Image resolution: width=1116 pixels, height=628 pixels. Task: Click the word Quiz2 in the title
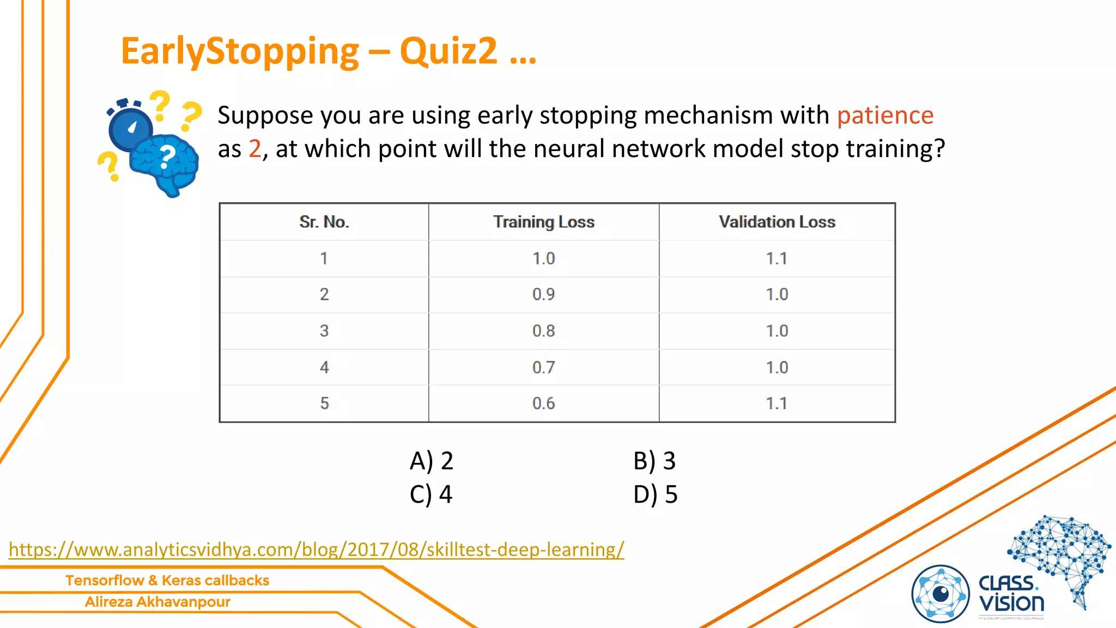pyautogui.click(x=448, y=51)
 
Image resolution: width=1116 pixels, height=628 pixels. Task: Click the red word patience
pyautogui.click(x=885, y=116)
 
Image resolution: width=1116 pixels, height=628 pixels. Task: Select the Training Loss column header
pyautogui.click(x=543, y=222)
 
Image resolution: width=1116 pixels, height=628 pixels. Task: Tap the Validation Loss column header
pyautogui.click(x=777, y=222)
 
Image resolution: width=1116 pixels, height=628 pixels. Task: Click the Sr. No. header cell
pyautogui.click(x=324, y=222)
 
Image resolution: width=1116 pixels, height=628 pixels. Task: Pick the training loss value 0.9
pyautogui.click(x=543, y=294)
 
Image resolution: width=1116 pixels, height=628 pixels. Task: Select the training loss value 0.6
pyautogui.click(x=543, y=403)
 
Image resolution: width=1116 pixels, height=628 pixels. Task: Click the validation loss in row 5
pyautogui.click(x=777, y=403)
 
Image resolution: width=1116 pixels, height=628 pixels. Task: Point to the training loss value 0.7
pyautogui.click(x=543, y=367)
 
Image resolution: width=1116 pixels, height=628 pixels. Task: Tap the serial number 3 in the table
pyautogui.click(x=324, y=331)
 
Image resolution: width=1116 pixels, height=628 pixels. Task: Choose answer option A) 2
pyautogui.click(x=431, y=461)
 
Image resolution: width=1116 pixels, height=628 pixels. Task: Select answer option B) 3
pyautogui.click(x=654, y=461)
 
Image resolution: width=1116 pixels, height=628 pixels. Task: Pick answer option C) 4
pyautogui.click(x=431, y=494)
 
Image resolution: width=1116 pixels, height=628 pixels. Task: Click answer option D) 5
pyautogui.click(x=655, y=494)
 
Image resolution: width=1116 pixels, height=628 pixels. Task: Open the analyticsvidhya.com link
pyautogui.click(x=316, y=549)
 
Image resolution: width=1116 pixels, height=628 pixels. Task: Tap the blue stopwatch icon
pyautogui.click(x=130, y=126)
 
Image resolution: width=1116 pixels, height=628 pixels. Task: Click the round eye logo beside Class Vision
pyautogui.click(x=940, y=594)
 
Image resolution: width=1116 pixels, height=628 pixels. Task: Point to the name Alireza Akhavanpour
pyautogui.click(x=157, y=602)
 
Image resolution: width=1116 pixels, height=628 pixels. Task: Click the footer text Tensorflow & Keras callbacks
pyautogui.click(x=167, y=581)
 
